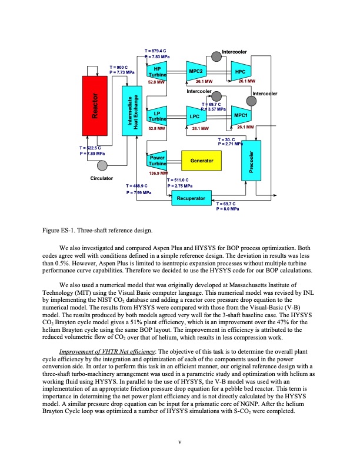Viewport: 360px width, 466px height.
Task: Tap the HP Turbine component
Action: (x=158, y=71)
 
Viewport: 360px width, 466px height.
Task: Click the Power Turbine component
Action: (x=157, y=161)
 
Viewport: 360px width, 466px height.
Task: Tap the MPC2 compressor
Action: (x=196, y=71)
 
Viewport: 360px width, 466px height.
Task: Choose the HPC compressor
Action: (x=240, y=71)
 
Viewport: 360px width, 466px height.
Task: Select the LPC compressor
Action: (x=195, y=116)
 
